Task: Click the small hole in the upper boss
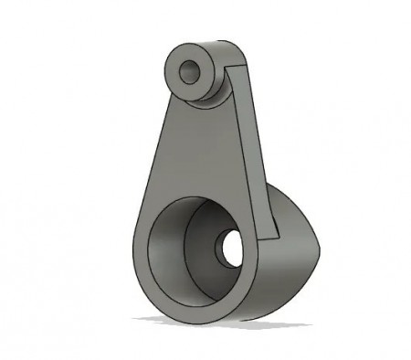coord(191,71)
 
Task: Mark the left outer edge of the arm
coord(155,155)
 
